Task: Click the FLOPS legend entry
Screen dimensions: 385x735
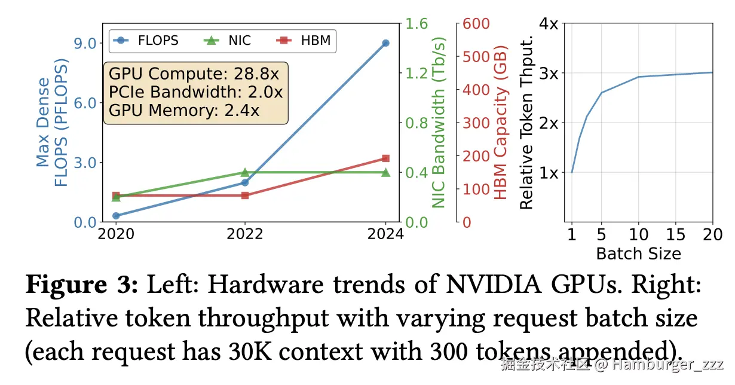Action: click(x=146, y=41)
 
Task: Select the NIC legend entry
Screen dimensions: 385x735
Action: click(x=227, y=41)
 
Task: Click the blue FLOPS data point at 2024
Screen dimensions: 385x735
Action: click(x=385, y=43)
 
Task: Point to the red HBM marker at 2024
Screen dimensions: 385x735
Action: click(x=385, y=158)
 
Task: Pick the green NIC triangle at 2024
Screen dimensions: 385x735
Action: click(x=385, y=172)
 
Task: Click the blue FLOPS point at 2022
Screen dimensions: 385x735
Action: click(x=245, y=182)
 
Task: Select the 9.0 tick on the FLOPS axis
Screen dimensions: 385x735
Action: click(x=84, y=43)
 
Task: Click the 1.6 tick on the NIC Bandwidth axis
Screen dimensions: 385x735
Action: click(x=418, y=24)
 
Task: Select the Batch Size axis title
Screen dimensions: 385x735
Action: click(x=638, y=253)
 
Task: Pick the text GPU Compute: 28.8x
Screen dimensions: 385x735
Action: click(x=194, y=75)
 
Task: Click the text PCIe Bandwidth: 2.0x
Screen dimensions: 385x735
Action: click(x=195, y=93)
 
